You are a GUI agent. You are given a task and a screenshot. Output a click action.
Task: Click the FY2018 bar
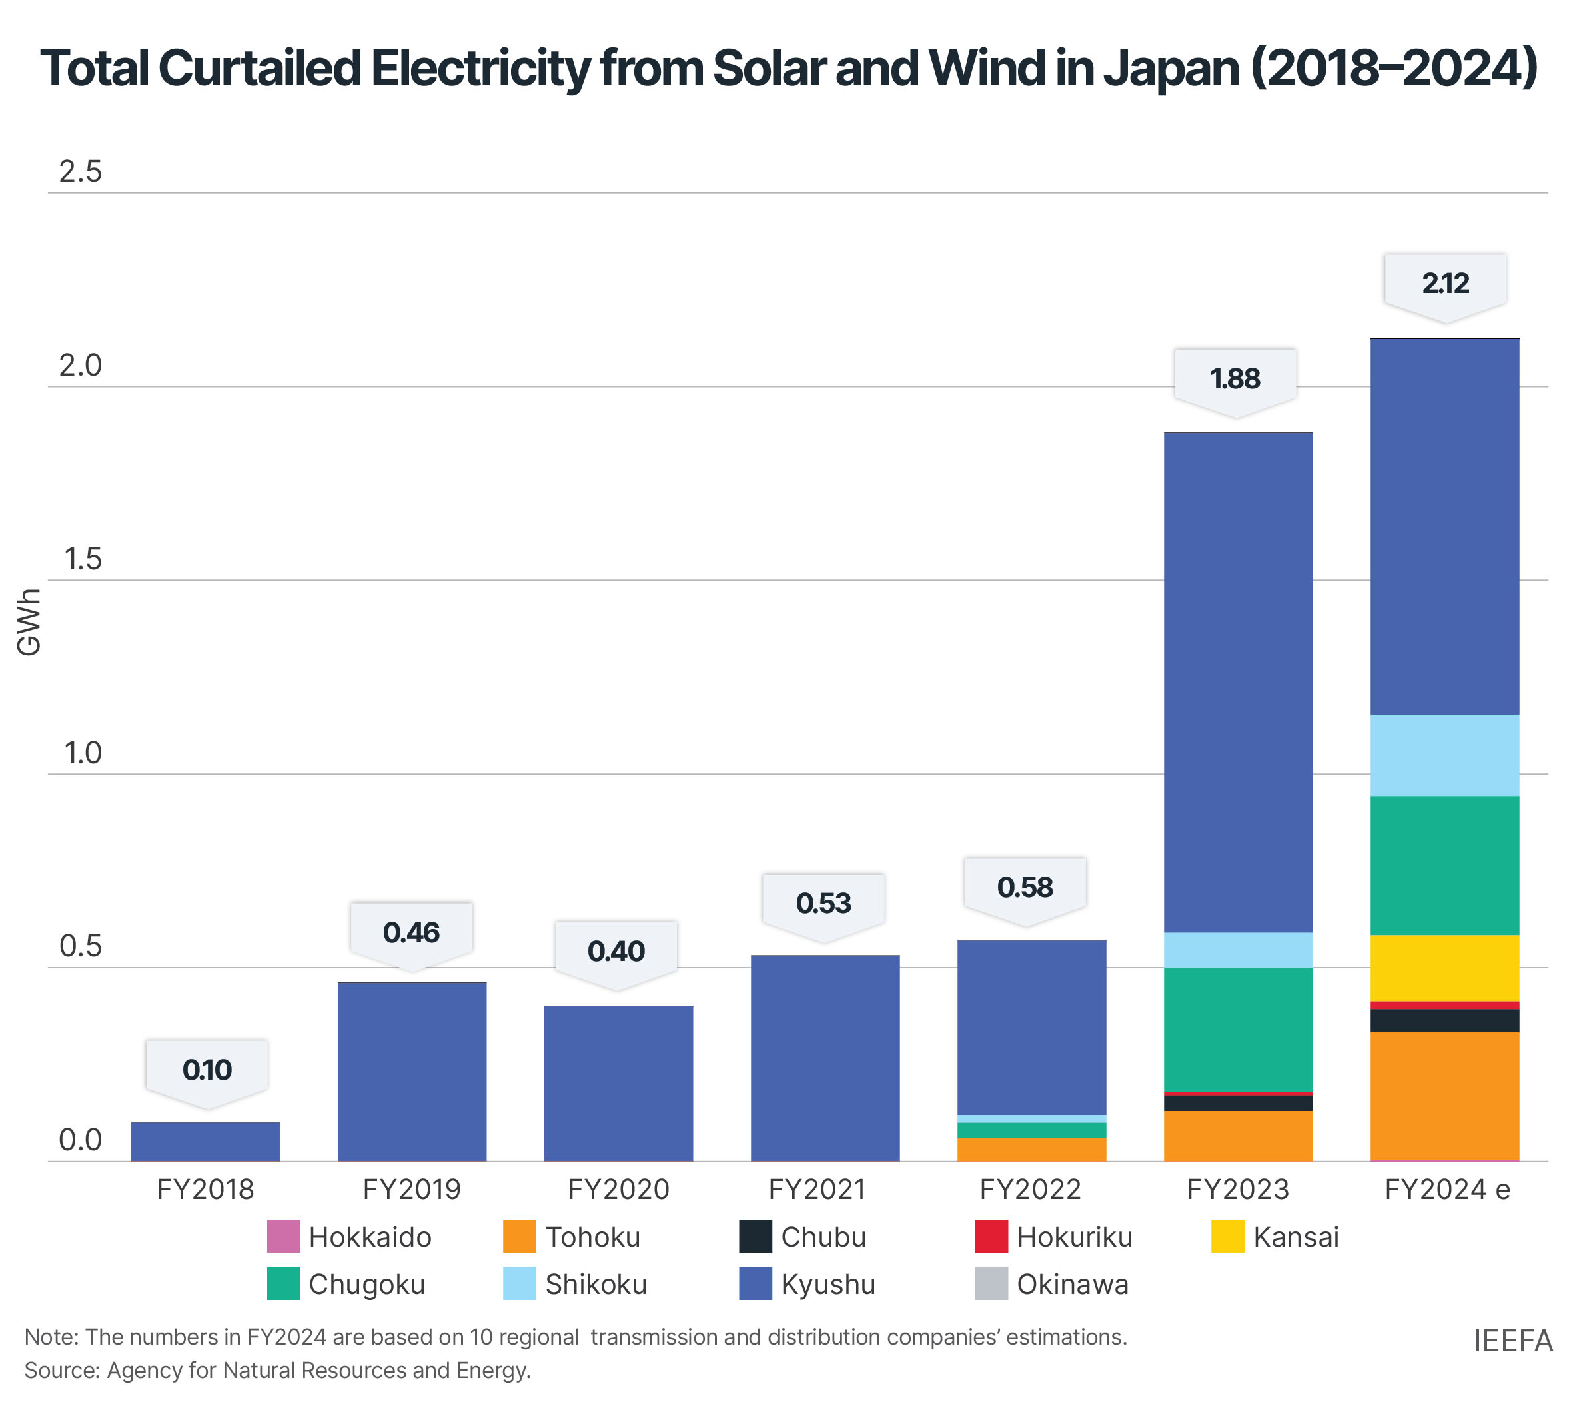pos(206,1141)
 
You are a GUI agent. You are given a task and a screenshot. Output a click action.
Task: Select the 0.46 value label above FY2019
pos(411,932)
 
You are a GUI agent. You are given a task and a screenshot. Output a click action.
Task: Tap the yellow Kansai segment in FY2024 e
pos(1444,968)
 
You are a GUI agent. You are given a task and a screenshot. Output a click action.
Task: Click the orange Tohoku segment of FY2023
pos(1237,1136)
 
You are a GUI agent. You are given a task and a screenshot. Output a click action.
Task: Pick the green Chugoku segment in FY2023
pos(1237,1029)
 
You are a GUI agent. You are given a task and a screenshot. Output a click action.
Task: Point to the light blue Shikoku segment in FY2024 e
pos(1444,755)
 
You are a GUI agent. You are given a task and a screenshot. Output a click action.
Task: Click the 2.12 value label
pos(1444,284)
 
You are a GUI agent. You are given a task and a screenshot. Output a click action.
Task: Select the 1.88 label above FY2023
pos(1235,378)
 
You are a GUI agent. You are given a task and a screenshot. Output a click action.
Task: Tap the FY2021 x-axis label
pos(817,1189)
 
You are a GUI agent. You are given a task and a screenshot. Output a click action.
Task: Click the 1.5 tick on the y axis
pos(83,559)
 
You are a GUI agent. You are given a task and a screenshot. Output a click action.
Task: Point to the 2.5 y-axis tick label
pos(81,171)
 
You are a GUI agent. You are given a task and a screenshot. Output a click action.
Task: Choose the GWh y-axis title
pos(29,622)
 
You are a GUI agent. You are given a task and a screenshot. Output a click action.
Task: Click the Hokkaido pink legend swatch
pos(283,1236)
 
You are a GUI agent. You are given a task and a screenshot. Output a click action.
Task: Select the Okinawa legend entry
pos(1072,1284)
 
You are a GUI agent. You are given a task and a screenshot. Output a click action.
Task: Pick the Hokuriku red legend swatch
pos(991,1236)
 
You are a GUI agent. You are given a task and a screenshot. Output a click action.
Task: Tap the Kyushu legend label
pos(827,1284)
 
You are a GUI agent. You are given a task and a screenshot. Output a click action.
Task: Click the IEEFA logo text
pos(1512,1341)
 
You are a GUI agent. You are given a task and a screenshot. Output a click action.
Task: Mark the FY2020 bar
pos(618,1083)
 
